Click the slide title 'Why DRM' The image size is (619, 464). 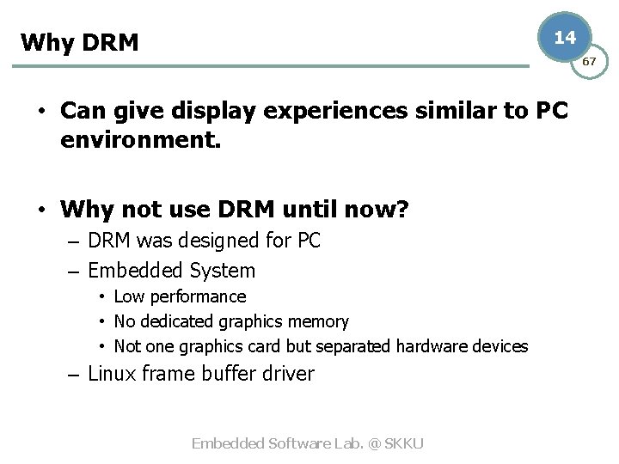click(79, 42)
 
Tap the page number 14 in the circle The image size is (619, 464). click(565, 38)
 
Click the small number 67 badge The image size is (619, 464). click(590, 62)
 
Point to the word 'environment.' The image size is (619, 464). click(141, 139)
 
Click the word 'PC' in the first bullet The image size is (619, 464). click(551, 111)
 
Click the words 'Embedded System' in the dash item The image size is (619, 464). click(172, 271)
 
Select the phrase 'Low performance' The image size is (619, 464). click(180, 296)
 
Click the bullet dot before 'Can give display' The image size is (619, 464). click(41, 113)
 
